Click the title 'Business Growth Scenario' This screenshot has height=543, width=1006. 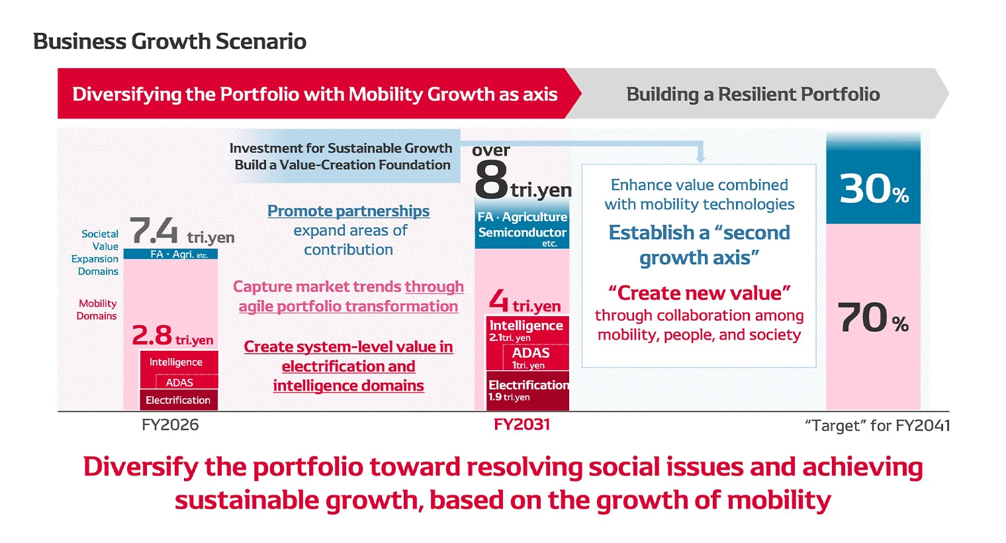169,41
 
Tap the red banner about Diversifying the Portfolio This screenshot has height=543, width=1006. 314,94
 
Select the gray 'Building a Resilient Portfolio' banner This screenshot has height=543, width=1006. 753,94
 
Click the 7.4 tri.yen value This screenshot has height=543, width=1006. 181,232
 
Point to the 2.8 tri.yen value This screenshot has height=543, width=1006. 172,336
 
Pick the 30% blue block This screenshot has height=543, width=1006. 873,188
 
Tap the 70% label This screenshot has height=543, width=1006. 872,318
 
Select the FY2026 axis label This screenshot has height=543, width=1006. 170,424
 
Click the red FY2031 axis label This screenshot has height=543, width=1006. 522,424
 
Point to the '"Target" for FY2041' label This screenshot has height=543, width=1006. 877,425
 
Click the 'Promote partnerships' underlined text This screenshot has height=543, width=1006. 348,211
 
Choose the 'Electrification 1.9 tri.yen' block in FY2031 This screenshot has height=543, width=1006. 527,391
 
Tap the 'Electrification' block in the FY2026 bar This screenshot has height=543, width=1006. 178,400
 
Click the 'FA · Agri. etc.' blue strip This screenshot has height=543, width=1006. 171,254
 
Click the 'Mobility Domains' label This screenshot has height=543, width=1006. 97,309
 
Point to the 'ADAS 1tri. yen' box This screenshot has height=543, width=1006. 530,358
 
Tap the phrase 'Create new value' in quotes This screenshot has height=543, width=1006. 699,293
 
